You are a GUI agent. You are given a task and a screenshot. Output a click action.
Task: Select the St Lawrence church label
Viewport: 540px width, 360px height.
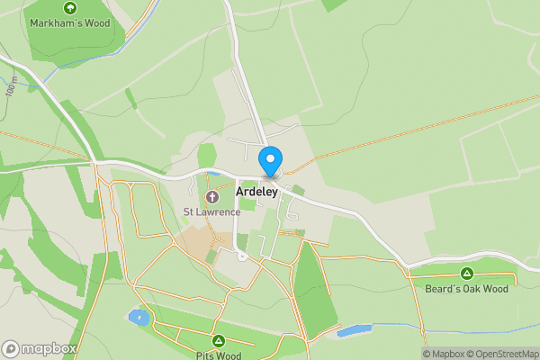click(211, 212)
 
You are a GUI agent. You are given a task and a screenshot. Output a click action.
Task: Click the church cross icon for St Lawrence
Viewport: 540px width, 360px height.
click(212, 197)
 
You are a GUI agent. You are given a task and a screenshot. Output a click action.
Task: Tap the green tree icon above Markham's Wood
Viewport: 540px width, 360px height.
click(70, 7)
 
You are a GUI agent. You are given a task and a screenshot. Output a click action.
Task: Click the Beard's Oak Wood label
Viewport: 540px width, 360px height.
click(466, 288)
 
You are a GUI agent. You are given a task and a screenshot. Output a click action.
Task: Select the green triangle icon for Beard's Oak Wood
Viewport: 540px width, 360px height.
click(466, 274)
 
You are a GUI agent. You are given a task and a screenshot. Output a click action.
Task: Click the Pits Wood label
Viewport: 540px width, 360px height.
click(218, 355)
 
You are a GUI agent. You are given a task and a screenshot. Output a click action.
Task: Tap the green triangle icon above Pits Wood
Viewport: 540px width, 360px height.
click(218, 341)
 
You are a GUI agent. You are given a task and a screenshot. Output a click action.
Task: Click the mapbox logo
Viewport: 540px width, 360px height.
click(39, 348)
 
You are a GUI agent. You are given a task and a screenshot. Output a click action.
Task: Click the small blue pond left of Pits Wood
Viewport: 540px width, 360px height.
click(138, 317)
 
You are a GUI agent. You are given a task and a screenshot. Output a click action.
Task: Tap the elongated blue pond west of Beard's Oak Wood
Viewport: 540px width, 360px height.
click(355, 330)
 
